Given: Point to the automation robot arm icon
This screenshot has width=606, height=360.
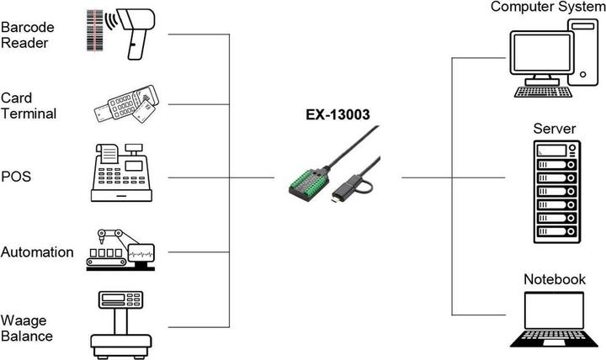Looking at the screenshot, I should [x=120, y=248].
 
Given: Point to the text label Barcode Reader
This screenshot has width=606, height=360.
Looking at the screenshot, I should [x=25, y=34].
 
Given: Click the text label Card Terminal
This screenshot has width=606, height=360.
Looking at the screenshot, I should [x=29, y=105].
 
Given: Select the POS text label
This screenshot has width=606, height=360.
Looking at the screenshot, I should [x=16, y=177].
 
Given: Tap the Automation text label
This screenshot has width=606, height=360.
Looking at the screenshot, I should [x=37, y=251].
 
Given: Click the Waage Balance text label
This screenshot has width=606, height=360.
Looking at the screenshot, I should [x=27, y=328].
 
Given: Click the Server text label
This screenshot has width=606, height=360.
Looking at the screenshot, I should [x=554, y=129].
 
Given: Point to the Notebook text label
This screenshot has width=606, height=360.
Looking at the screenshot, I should [x=554, y=279].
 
